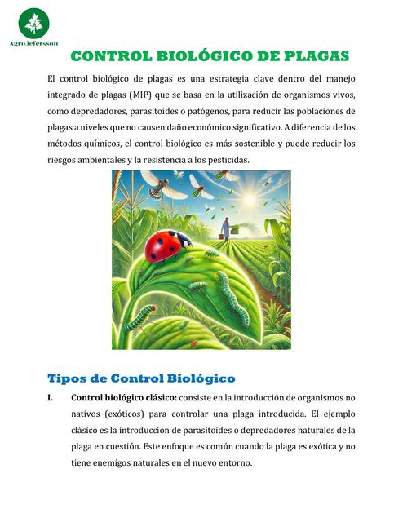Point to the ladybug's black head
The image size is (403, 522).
click(185, 241)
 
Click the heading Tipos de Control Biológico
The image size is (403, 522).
click(141, 378)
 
